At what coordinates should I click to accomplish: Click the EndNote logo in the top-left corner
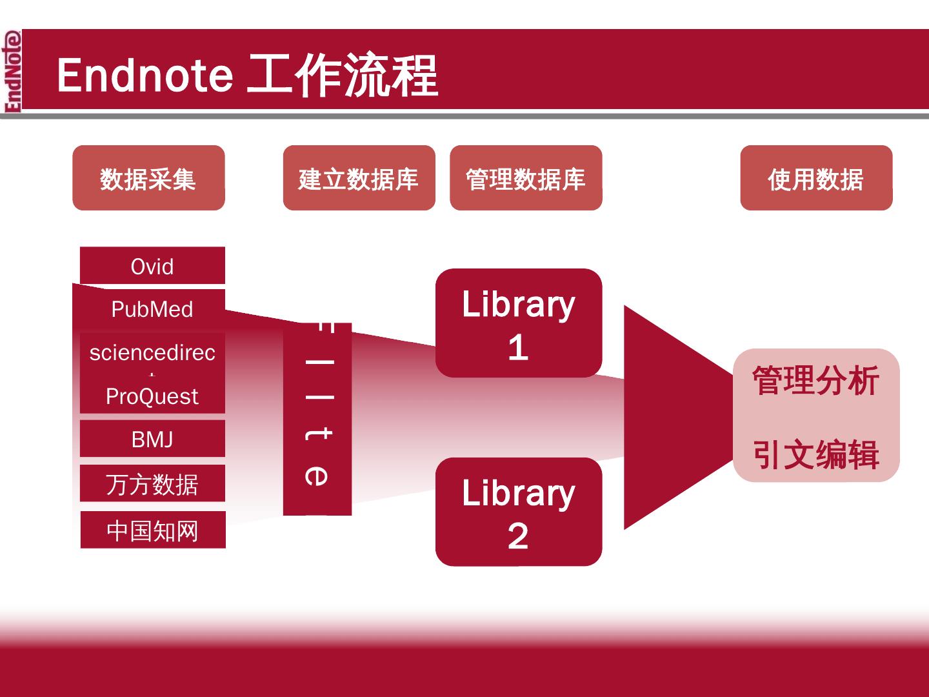[12, 71]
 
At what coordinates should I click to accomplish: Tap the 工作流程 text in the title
[343, 75]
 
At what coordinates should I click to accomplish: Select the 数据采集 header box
[148, 178]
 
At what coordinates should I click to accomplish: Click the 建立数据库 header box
[359, 178]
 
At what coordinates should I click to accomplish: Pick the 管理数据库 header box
[526, 178]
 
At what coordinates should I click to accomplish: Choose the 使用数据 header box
[816, 178]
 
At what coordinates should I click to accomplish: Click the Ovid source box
[152, 266]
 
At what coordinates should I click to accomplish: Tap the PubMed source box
[152, 309]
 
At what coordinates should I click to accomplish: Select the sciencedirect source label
[152, 352]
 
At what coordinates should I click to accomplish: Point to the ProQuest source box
[152, 396]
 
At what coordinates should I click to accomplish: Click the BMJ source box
[152, 439]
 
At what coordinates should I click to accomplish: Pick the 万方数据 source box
[152, 484]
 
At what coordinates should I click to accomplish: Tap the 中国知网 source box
[153, 530]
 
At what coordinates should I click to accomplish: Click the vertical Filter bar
[317, 419]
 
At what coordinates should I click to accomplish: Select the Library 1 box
[519, 323]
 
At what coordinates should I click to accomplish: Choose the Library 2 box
[519, 512]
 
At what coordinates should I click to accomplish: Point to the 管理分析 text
[816, 380]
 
